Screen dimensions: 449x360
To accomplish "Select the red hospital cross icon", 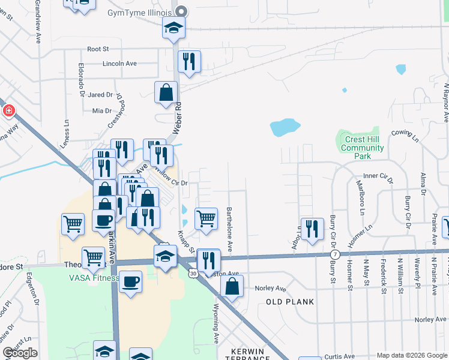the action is point(8,110).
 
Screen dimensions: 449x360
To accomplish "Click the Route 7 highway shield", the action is point(335,255).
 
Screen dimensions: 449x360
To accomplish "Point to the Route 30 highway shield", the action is point(191,274).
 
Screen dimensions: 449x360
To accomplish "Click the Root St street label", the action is point(97,49).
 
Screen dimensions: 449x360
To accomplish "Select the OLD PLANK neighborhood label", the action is point(290,302).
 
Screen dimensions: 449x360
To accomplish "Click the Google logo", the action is point(20,353).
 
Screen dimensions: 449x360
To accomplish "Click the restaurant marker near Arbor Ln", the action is point(312,229).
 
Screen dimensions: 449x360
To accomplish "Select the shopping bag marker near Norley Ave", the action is point(232,286).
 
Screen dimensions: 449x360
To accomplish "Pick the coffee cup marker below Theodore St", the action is point(130,281).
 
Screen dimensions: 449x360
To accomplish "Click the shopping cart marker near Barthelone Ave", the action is point(206,218).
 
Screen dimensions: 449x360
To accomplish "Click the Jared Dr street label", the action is point(100,95).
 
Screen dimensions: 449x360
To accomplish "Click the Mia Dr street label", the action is point(102,111).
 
